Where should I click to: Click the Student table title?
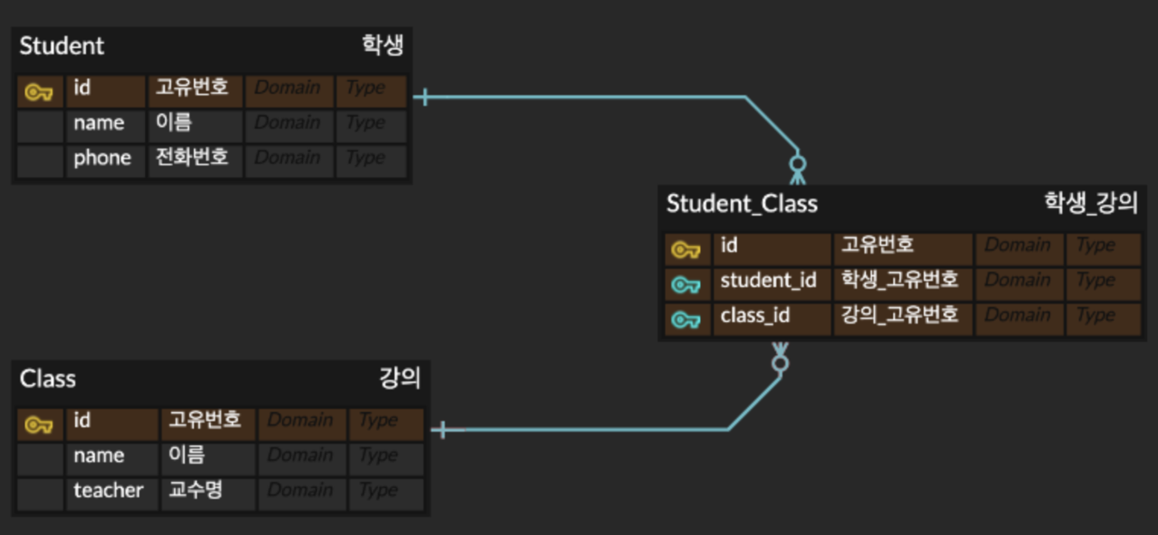[x=62, y=45]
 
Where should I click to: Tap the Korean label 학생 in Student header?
[x=382, y=45]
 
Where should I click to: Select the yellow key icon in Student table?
[x=39, y=92]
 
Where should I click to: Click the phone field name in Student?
[x=102, y=159]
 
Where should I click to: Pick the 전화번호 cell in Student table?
[x=192, y=158]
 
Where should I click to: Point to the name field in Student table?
[x=99, y=123]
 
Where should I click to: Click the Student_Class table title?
[x=741, y=203]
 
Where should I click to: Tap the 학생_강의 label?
[x=1090, y=203]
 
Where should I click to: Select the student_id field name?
[x=768, y=281]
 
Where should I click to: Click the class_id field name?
[x=755, y=315]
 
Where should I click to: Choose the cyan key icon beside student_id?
[x=685, y=285]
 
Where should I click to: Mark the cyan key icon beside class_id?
[x=685, y=320]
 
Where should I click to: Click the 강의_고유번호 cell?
[x=899, y=315]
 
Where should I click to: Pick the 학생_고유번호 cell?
[x=899, y=280]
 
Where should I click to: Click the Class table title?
[x=48, y=379]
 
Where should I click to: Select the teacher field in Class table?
[x=108, y=490]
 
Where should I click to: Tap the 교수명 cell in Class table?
[x=195, y=490]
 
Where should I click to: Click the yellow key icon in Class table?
[x=39, y=425]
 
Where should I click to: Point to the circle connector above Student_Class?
[x=798, y=162]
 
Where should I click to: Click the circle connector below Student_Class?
[x=780, y=363]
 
